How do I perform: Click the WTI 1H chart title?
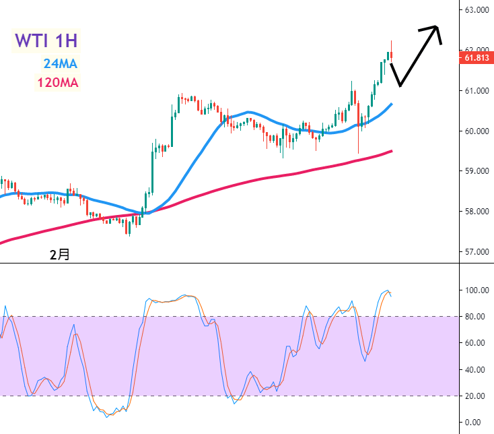click(46, 40)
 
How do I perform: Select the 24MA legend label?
click(61, 64)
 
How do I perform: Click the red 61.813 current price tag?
click(475, 58)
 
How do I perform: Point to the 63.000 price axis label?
click(475, 9)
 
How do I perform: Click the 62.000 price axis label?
click(475, 50)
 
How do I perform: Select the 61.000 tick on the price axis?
click(475, 90)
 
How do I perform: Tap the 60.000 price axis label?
click(475, 131)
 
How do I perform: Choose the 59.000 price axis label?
click(475, 171)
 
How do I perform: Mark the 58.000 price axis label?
click(475, 212)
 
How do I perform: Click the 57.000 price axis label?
click(475, 252)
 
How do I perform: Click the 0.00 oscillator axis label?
click(476, 423)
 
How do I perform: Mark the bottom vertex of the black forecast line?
click(400, 86)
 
